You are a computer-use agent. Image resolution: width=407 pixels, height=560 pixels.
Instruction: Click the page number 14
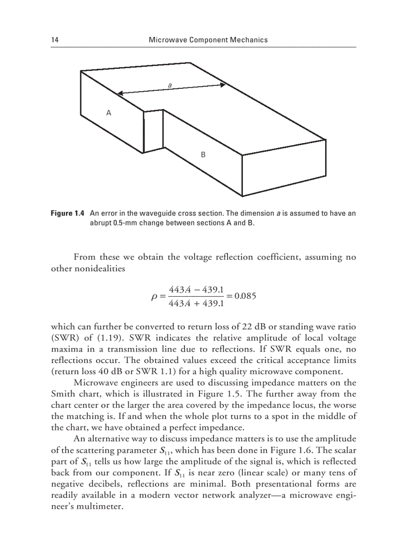(x=54, y=40)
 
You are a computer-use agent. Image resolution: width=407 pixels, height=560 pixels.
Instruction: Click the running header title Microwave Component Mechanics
(x=208, y=40)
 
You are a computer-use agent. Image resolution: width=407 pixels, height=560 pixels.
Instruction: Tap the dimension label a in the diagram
(x=170, y=85)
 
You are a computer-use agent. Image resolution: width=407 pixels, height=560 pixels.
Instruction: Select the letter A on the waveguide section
(x=109, y=113)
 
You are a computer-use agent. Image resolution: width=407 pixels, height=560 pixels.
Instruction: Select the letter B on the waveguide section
(x=203, y=155)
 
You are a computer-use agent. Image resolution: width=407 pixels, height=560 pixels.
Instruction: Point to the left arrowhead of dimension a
(x=119, y=93)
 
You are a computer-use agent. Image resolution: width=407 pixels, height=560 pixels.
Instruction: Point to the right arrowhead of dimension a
(x=223, y=85)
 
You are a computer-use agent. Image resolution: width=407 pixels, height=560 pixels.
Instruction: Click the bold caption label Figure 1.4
(x=68, y=213)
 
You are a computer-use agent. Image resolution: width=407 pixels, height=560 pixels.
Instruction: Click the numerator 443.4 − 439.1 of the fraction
(x=198, y=290)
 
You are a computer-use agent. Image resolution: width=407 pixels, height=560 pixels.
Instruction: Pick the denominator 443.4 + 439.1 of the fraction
(x=198, y=303)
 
